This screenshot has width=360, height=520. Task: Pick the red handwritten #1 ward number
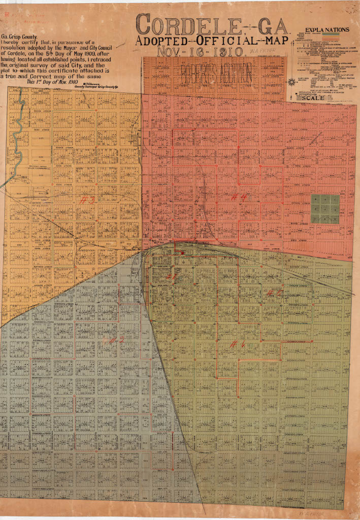point(171,277)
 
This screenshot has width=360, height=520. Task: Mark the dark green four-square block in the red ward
point(325,209)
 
